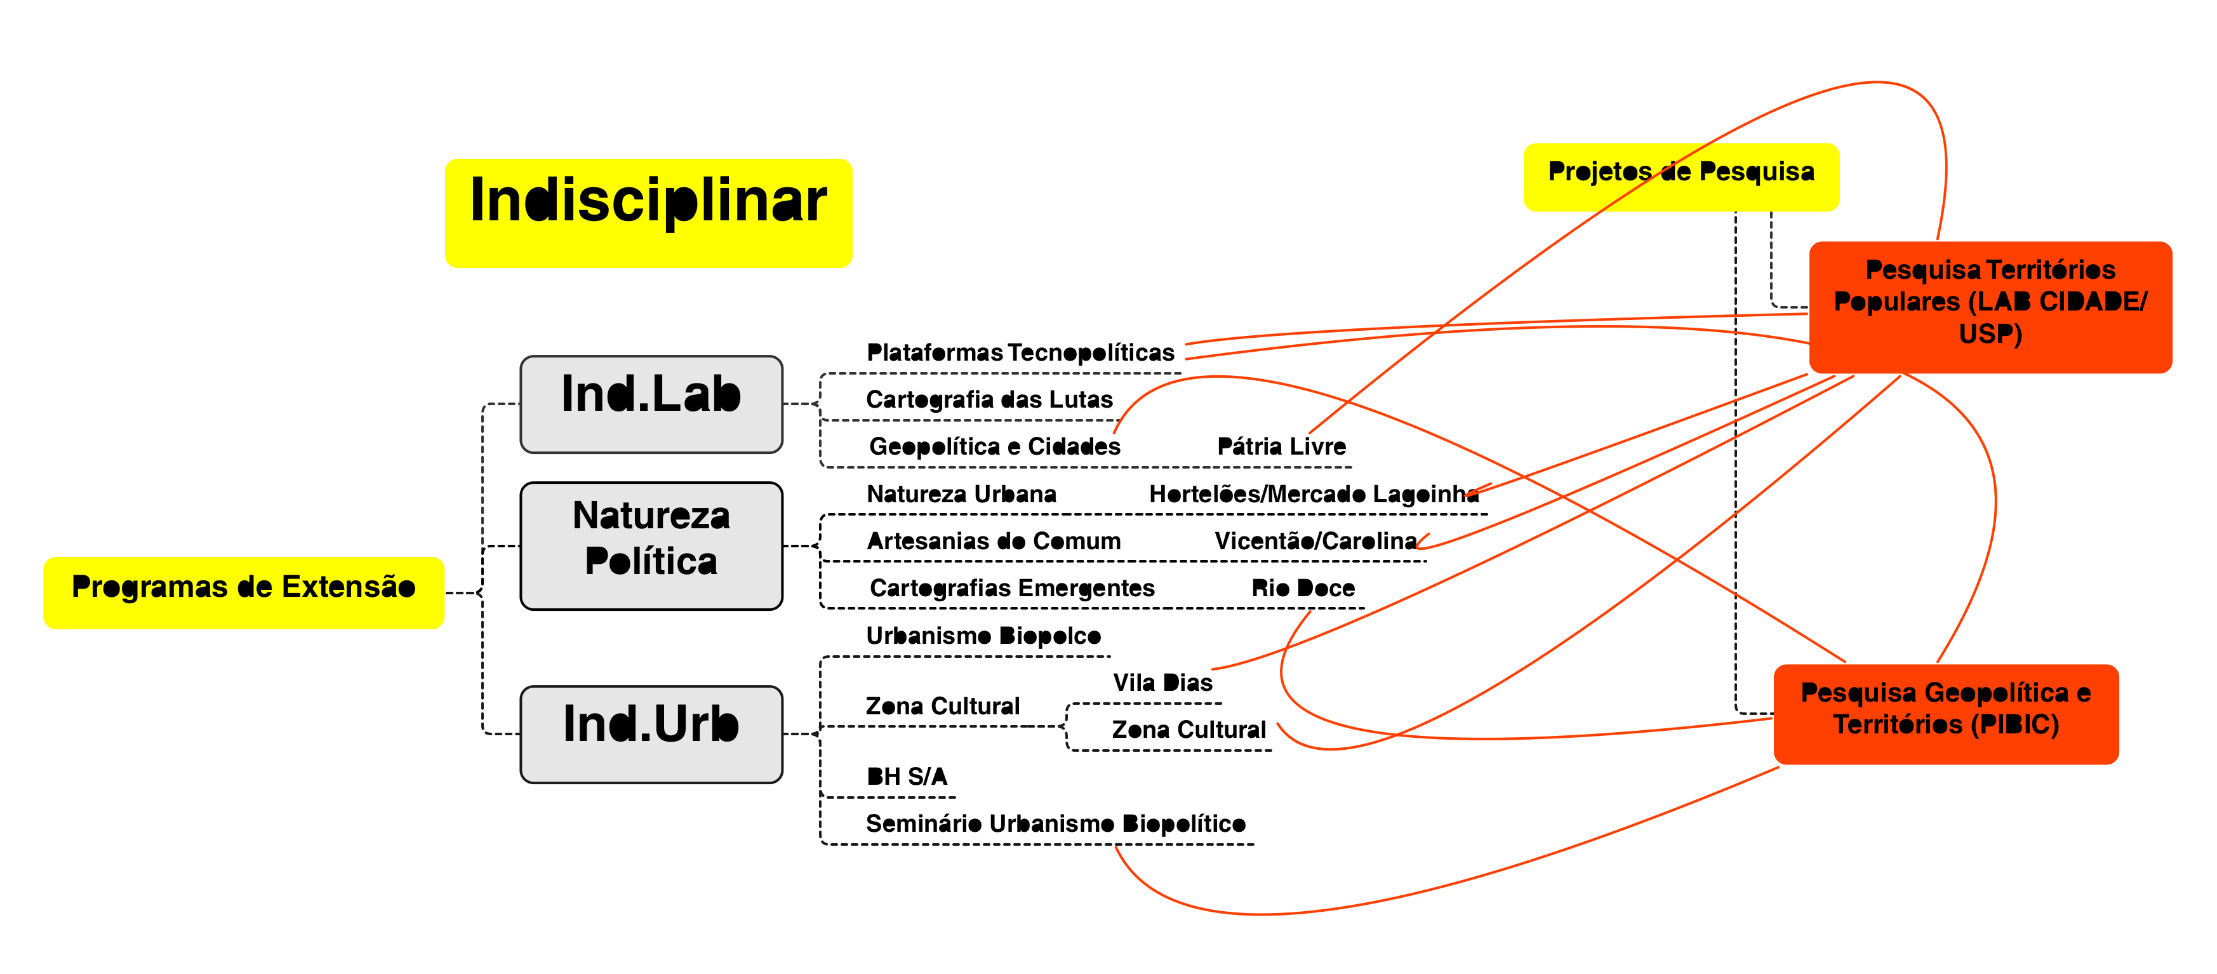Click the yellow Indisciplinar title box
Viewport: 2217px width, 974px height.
point(648,213)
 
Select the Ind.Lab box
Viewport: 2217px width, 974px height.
point(651,404)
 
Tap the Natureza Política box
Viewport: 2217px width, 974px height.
point(651,545)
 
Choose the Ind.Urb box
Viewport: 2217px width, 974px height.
point(651,734)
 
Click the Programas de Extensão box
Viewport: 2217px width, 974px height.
point(244,593)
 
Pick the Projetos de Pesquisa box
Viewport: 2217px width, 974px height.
point(1681,177)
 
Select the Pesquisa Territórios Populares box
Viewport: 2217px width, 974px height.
point(1990,307)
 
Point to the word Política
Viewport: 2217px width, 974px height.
point(651,562)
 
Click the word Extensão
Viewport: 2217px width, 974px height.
point(349,587)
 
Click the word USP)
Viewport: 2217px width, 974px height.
point(1990,334)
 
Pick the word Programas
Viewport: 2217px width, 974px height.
point(150,587)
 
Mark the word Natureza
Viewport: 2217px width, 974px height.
point(651,516)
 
